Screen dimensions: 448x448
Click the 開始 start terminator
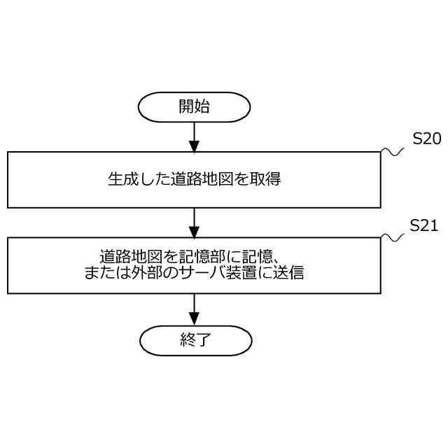194,106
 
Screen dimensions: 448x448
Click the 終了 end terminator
195,341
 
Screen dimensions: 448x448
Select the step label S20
426,139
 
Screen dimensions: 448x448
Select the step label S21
423,225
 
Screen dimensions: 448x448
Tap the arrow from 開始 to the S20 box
195,137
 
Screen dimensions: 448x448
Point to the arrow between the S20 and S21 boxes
195,223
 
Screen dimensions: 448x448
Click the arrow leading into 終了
195,310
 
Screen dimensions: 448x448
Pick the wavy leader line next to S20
393,151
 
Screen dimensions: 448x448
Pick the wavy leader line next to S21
393,238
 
